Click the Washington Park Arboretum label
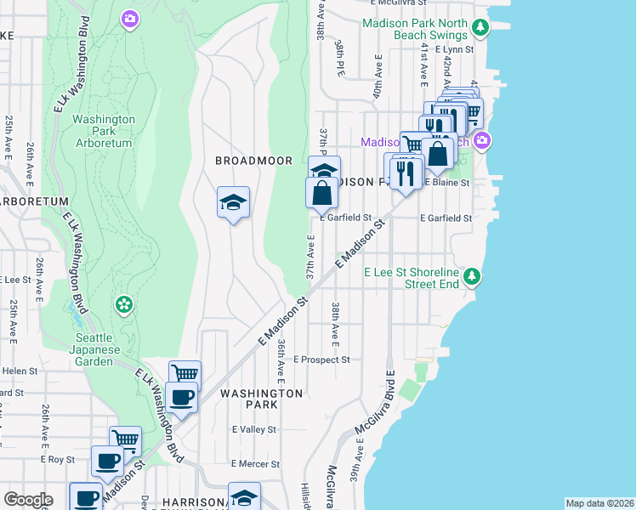(x=103, y=132)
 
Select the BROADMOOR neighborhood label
(x=253, y=161)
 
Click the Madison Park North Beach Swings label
(x=415, y=30)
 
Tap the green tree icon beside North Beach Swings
(x=480, y=29)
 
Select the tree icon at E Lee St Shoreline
(x=472, y=276)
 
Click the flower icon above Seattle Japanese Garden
(x=124, y=303)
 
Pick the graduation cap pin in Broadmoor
(x=233, y=202)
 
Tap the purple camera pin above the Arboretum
(x=129, y=18)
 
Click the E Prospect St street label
(x=321, y=360)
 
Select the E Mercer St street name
(x=256, y=464)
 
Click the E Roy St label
(x=58, y=459)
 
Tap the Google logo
(x=28, y=500)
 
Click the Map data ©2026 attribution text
(x=599, y=503)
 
